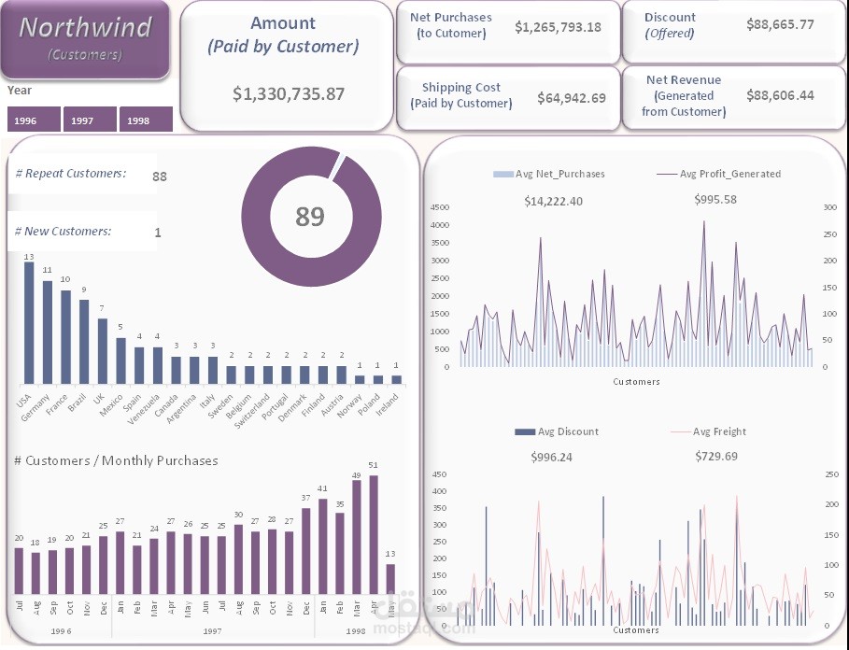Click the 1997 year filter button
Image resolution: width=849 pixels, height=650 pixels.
pyautogui.click(x=91, y=120)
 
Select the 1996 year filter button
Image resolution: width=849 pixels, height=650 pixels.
pyautogui.click(x=35, y=120)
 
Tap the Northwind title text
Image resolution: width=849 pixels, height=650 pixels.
pyautogui.click(x=85, y=28)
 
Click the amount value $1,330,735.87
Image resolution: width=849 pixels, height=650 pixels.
pyautogui.click(x=289, y=93)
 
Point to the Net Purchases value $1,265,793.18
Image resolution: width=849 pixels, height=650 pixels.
pyautogui.click(x=558, y=27)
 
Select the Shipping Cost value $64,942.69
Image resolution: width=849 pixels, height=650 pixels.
pyautogui.click(x=572, y=97)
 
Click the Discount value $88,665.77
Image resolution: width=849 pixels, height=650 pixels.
pyautogui.click(x=780, y=24)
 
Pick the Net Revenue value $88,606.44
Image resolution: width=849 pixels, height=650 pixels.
pyautogui.click(x=780, y=95)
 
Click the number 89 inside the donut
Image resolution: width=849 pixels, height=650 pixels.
pyautogui.click(x=310, y=217)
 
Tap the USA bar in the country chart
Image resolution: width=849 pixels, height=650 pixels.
pyautogui.click(x=29, y=323)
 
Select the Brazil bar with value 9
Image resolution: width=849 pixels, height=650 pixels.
pyautogui.click(x=84, y=342)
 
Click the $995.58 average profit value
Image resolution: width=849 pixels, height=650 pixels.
pyautogui.click(x=715, y=200)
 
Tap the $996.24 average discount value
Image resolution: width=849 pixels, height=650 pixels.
pyautogui.click(x=551, y=457)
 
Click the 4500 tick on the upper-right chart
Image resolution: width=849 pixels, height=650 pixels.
pyautogui.click(x=438, y=207)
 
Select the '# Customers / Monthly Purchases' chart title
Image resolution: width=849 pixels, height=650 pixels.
pyautogui.click(x=117, y=460)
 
